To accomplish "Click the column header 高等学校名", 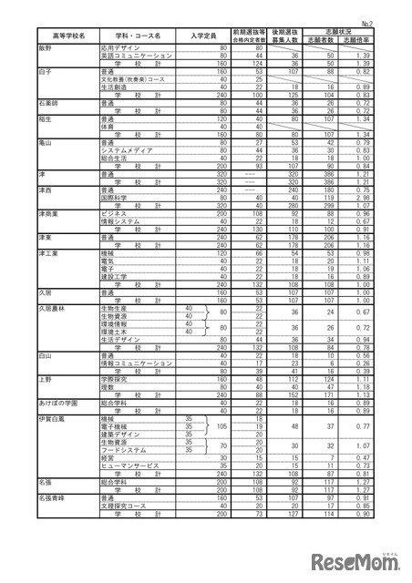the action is pos(68,36).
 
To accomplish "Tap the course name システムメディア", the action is pos(127,148).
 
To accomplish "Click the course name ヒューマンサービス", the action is pos(130,465).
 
